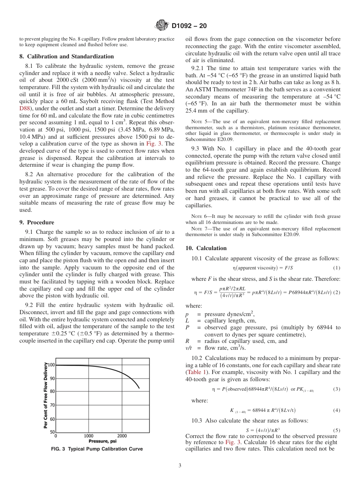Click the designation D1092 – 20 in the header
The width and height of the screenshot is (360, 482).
189,26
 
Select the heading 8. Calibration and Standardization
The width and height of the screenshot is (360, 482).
66,56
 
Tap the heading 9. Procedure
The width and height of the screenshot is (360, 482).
37,222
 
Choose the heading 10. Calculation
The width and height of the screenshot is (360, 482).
206,248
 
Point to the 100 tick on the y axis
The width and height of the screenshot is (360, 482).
51,365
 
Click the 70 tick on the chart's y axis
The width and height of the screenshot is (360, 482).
52,405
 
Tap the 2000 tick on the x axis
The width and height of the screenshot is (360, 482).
122,436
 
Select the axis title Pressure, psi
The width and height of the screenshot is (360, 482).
102,441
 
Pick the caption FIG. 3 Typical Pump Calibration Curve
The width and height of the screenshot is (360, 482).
97,449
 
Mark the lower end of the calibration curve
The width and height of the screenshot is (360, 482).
139,388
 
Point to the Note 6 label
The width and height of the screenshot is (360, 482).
199,217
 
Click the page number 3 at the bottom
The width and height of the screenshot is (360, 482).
180,465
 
